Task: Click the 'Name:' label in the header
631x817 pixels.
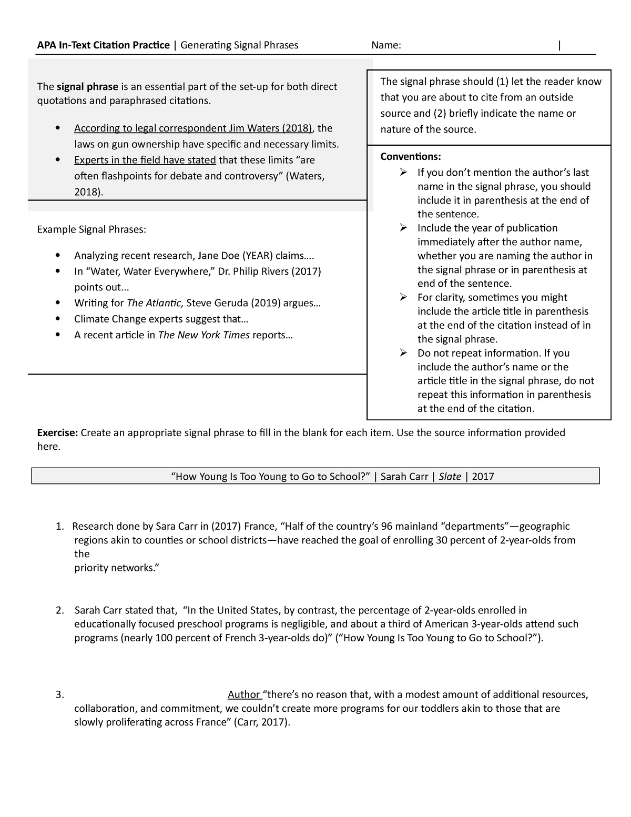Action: click(386, 45)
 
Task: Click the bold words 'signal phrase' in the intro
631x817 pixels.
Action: click(88, 87)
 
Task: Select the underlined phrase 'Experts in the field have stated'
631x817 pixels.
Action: click(145, 160)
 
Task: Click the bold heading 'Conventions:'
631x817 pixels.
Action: click(411, 157)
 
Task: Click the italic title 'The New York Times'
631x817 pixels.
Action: click(204, 335)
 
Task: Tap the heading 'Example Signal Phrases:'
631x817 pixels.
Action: click(91, 229)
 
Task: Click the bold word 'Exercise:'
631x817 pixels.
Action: click(57, 433)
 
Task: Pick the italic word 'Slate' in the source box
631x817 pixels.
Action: click(450, 477)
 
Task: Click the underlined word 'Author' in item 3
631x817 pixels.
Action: click(243, 695)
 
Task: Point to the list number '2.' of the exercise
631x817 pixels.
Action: click(60, 611)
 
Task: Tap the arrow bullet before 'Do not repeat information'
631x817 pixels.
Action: click(403, 353)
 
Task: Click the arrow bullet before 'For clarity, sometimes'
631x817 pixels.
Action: click(403, 297)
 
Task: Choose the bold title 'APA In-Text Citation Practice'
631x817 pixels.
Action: click(104, 45)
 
